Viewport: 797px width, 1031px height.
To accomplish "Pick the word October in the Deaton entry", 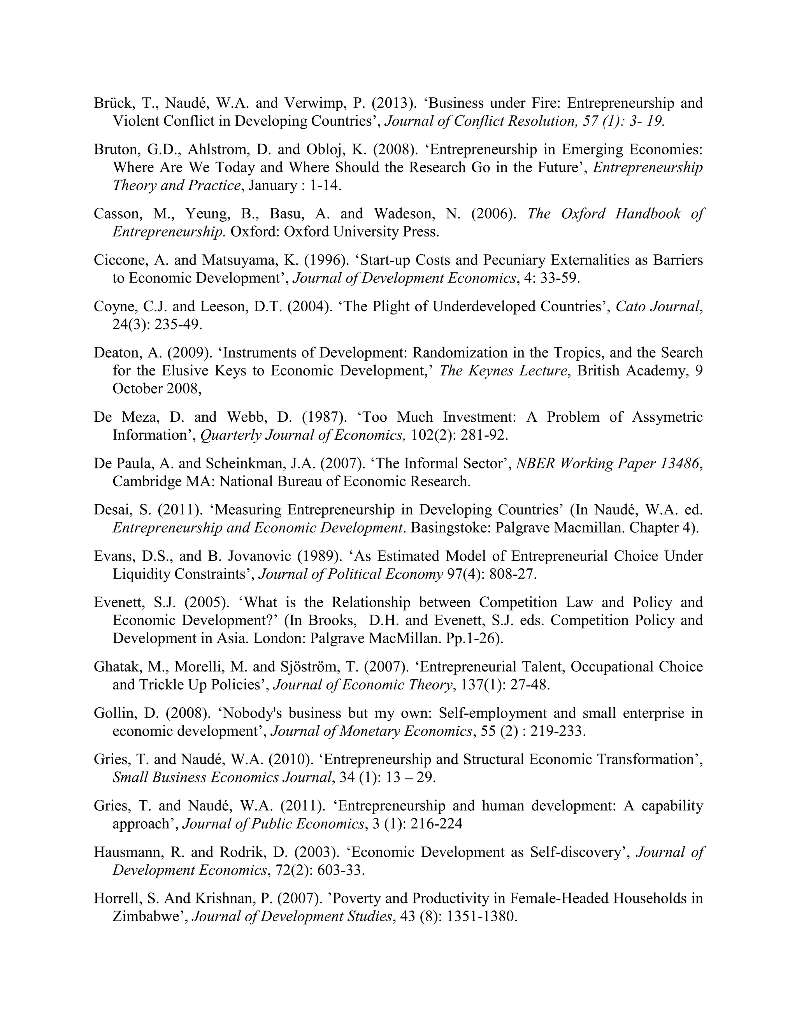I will (x=137, y=389).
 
